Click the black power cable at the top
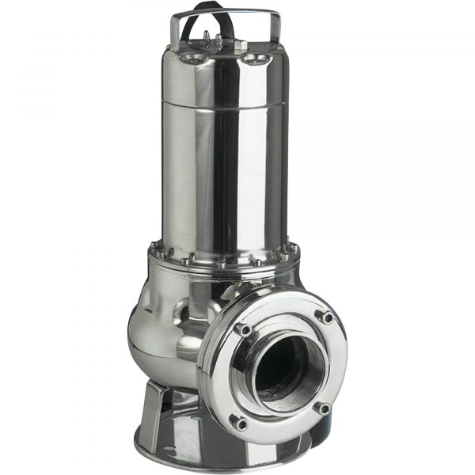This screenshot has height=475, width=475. pos(194,24)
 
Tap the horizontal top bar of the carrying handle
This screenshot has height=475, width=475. pos(226,12)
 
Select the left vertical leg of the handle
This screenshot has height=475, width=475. pos(174,32)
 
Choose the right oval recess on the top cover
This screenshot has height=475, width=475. pos(255,59)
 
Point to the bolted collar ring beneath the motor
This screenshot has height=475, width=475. pos(226,257)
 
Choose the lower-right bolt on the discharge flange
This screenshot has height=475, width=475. pos(322,408)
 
